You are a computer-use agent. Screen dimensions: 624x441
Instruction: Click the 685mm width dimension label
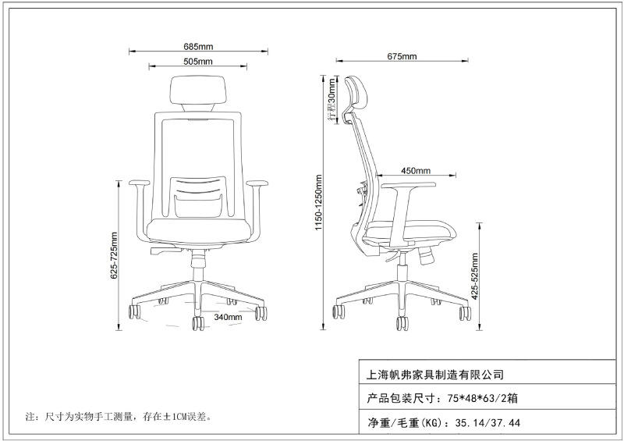(x=199, y=45)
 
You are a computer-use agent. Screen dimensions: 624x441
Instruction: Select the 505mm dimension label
(x=199, y=61)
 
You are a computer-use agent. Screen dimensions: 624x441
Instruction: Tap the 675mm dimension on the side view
(x=402, y=56)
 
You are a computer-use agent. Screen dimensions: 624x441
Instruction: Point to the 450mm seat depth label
(x=416, y=171)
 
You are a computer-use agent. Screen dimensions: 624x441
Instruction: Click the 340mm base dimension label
(x=228, y=318)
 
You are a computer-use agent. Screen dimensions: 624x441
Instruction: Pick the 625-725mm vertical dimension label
(x=115, y=255)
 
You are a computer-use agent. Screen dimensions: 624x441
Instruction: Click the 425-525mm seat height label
(x=475, y=275)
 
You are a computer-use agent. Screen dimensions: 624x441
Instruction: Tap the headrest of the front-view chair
(x=199, y=92)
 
